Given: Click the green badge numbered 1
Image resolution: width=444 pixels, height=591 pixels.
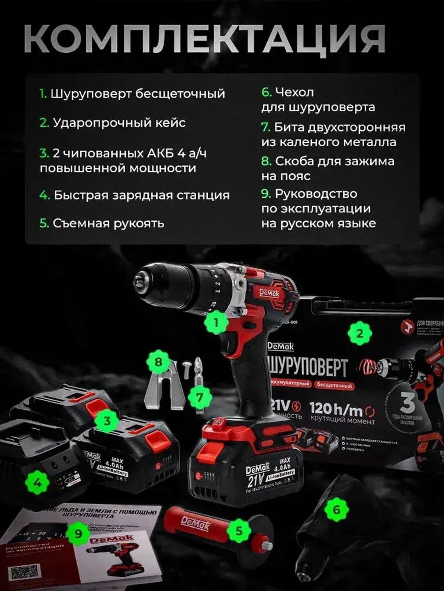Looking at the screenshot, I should click(216, 322).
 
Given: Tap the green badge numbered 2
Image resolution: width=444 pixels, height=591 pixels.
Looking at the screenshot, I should click(360, 333).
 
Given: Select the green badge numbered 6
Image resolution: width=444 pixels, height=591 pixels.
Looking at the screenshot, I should click(337, 509).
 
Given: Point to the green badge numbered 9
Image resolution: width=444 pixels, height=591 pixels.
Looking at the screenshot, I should click(78, 533).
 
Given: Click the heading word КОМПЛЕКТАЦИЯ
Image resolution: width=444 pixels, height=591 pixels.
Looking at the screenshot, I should click(204, 39).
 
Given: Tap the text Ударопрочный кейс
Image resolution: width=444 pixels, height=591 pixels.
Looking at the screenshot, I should click(119, 122).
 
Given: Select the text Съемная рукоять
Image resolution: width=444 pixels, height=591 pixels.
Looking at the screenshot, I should click(108, 223).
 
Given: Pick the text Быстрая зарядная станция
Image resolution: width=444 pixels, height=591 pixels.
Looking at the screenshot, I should click(141, 195).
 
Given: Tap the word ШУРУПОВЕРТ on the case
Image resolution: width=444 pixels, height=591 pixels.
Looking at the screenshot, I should click(307, 367).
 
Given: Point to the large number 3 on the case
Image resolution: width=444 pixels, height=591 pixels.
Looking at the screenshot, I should click(408, 403).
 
